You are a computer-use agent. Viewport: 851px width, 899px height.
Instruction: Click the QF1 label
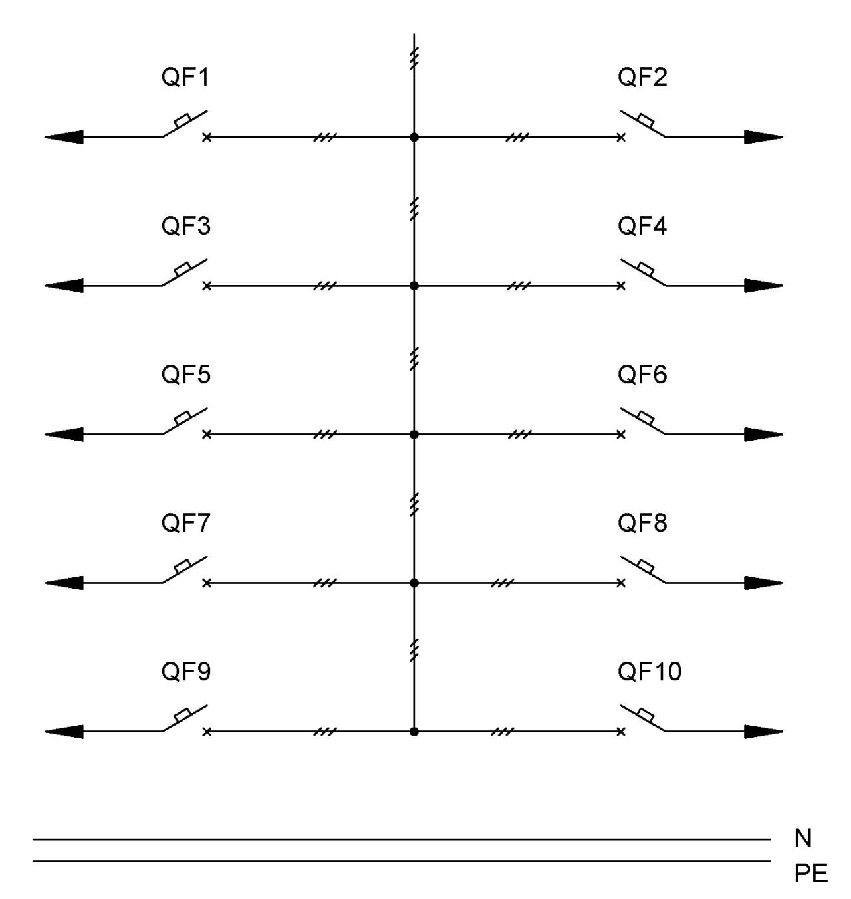[x=185, y=77]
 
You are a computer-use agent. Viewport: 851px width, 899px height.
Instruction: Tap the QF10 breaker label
[x=650, y=672]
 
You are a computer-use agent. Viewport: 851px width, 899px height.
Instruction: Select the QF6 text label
[x=642, y=375]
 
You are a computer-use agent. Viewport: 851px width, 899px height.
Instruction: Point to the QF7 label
[x=185, y=523]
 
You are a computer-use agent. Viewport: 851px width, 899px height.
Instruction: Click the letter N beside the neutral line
[x=803, y=838]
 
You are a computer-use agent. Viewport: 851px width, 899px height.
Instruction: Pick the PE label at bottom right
[x=811, y=874]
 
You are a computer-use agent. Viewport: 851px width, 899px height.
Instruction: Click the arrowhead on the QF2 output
[x=764, y=137]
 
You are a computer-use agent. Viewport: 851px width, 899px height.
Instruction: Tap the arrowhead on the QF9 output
[x=64, y=731]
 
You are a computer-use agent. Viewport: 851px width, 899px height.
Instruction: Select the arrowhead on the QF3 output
[x=64, y=286]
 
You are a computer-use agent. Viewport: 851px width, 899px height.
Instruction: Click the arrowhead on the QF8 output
[x=764, y=583]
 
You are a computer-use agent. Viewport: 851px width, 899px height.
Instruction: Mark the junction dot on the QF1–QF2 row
[x=414, y=137]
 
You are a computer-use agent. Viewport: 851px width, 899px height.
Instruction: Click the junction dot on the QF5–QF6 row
[x=414, y=434]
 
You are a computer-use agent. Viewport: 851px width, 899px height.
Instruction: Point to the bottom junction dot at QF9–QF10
[x=414, y=731]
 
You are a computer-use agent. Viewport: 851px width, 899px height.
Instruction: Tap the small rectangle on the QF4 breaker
[x=646, y=269]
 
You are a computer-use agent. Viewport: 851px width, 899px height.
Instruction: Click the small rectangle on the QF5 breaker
[x=183, y=417]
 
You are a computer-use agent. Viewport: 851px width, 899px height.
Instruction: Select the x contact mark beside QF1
[x=207, y=137]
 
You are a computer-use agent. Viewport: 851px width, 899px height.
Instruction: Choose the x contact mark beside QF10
[x=621, y=732]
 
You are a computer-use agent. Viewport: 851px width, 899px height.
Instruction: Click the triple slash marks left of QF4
[x=519, y=286]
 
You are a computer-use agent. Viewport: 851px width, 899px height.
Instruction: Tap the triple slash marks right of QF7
[x=325, y=583]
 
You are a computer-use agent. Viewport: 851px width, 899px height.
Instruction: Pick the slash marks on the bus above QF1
[x=414, y=58]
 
